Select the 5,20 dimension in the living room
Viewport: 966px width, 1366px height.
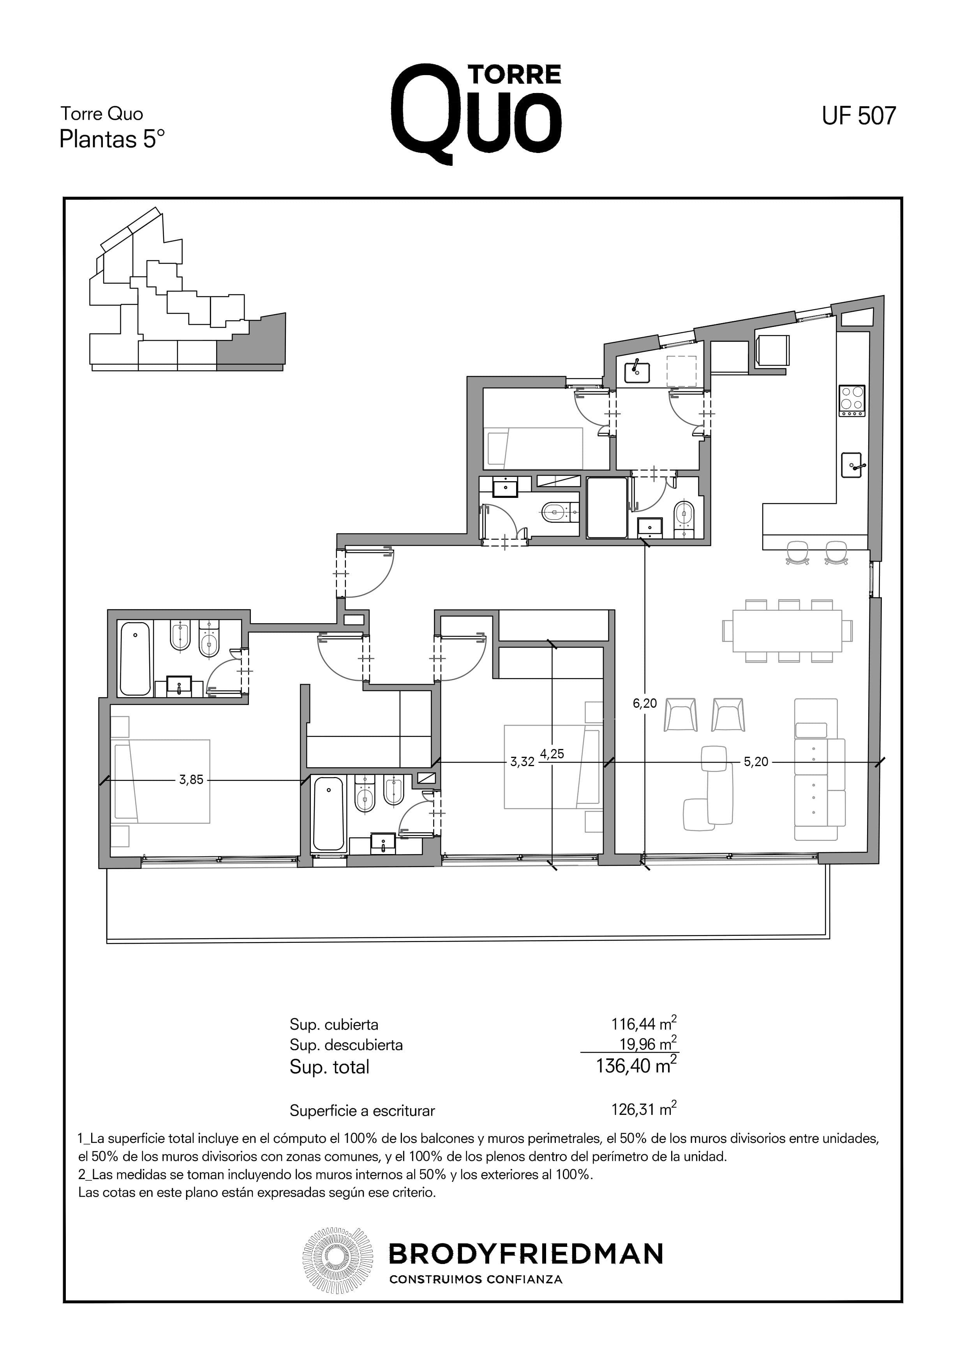point(756,761)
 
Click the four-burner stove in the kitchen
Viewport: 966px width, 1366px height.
point(852,401)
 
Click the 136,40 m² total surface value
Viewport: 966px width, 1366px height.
point(636,1065)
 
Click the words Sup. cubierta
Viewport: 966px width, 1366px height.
point(334,1025)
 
